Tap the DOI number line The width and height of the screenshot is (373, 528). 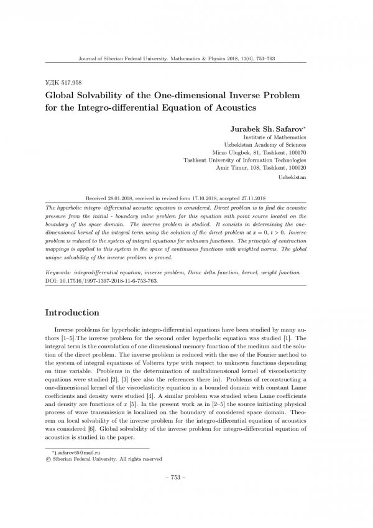point(102,280)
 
